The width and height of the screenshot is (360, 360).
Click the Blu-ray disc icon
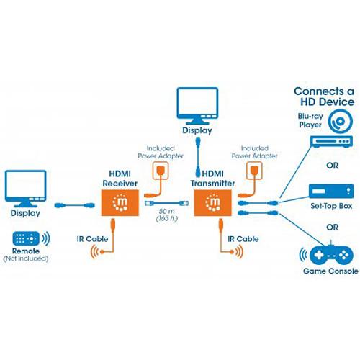pos(339,121)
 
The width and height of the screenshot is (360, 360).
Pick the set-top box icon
pos(328,192)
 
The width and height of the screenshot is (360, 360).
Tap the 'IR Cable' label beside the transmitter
pos(242,238)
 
